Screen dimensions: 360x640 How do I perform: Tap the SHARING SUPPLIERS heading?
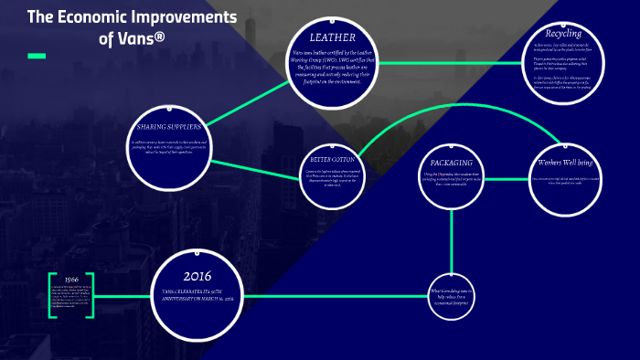coord(168,125)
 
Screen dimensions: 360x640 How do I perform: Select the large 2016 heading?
coord(197,275)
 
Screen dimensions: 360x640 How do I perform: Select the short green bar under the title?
coord(37,56)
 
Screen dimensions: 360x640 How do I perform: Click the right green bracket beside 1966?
coord(91,295)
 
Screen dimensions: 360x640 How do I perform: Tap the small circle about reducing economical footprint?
coord(452,294)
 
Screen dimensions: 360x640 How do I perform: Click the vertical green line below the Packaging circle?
coord(452,238)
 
